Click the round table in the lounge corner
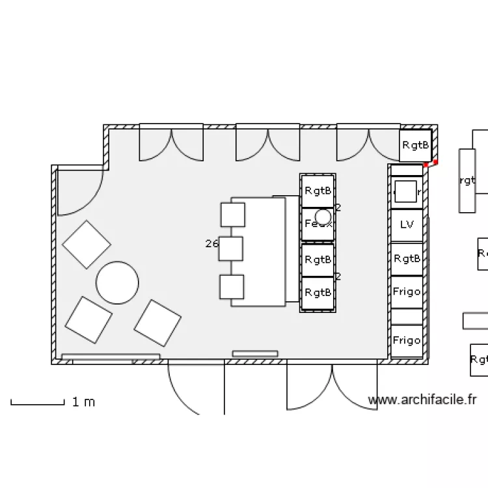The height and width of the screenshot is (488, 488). tap(117, 282)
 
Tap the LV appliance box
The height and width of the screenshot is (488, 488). tap(407, 225)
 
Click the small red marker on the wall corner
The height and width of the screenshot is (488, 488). tap(435, 162)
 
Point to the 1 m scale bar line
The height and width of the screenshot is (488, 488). tap(37, 404)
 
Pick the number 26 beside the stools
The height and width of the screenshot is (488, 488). tap(211, 244)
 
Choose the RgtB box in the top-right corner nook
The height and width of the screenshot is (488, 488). tap(415, 145)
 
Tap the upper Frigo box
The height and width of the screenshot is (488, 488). tap(407, 291)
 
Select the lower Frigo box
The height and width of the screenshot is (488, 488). tap(407, 340)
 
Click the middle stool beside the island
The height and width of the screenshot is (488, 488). tap(230, 249)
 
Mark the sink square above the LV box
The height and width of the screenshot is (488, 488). tap(406, 192)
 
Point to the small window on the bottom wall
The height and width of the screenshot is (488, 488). tap(255, 354)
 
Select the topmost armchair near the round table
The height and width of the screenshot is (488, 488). tap(87, 245)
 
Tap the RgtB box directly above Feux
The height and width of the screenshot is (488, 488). tap(318, 191)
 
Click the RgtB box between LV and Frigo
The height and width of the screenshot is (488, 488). tap(407, 259)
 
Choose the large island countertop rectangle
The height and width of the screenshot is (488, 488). tap(259, 251)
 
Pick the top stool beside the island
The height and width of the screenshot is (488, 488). tap(232, 215)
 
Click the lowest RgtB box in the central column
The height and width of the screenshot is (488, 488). tap(318, 293)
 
